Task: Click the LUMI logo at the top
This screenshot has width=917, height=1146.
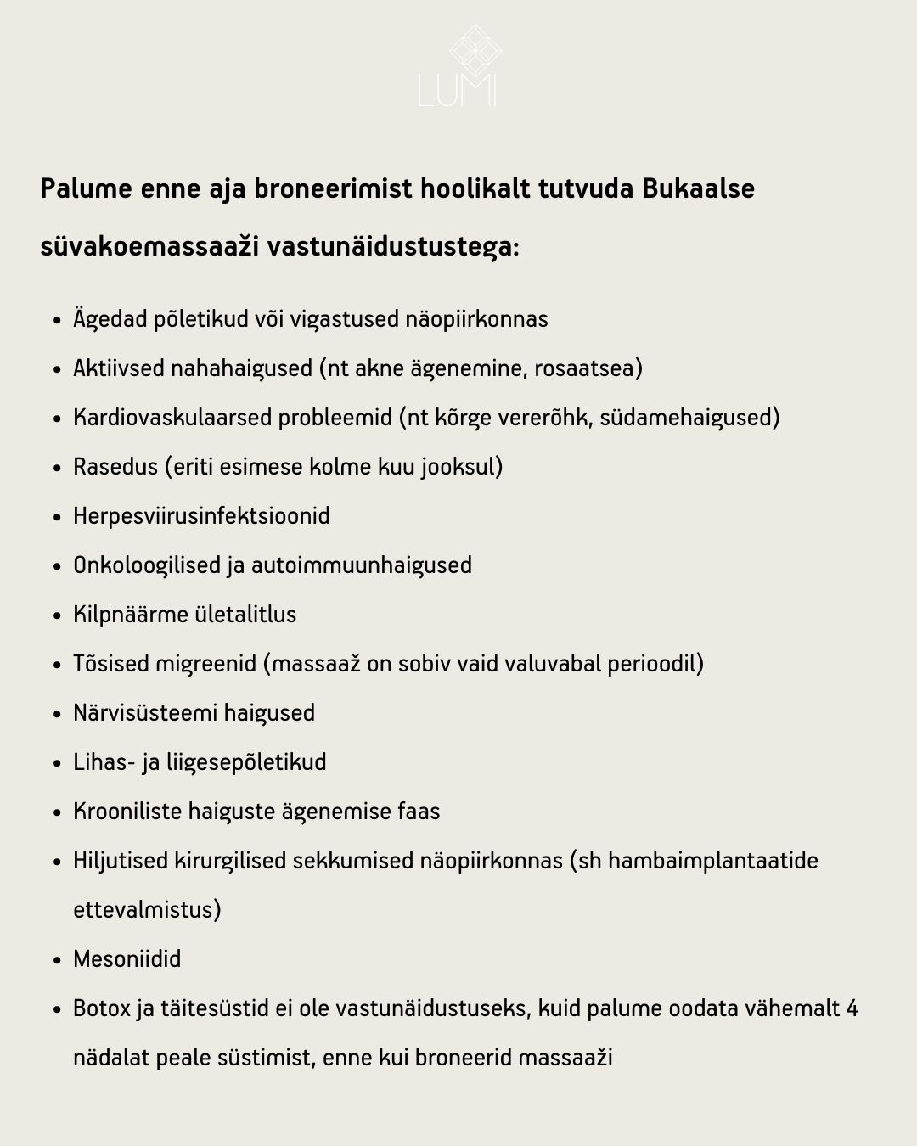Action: click(458, 66)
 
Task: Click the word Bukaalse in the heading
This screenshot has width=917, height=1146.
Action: click(698, 188)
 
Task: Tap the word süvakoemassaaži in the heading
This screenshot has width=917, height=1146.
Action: click(149, 247)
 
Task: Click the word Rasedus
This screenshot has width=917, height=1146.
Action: click(115, 467)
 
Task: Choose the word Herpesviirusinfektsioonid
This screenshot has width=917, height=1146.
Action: click(201, 516)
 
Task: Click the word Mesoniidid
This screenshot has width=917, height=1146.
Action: click(127, 959)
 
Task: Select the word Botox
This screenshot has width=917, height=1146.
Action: click(102, 1008)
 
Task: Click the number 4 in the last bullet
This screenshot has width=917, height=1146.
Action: click(852, 1008)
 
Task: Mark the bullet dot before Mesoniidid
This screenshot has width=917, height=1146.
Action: click(57, 961)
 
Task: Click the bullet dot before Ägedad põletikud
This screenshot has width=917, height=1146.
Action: click(57, 321)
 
